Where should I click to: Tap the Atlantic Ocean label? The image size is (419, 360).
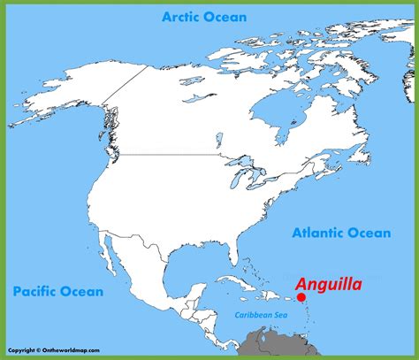pyautogui.click(x=340, y=233)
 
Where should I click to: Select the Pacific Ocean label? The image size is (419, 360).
pyautogui.click(x=57, y=290)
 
